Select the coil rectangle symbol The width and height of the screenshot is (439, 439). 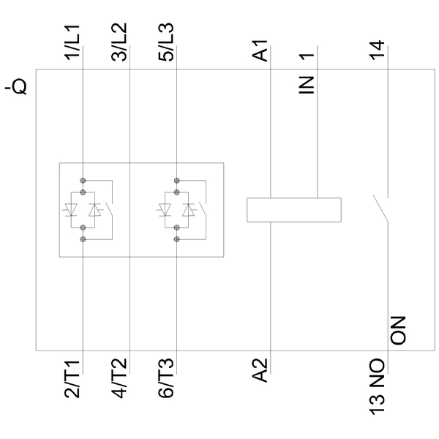point(293,209)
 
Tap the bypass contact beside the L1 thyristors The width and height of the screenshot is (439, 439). point(110,210)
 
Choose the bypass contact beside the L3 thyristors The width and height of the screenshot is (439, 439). point(203,210)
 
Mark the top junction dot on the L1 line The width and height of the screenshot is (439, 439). point(83,179)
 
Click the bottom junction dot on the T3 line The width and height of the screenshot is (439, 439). point(176,239)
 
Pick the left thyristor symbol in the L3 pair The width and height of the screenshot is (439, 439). point(165,210)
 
